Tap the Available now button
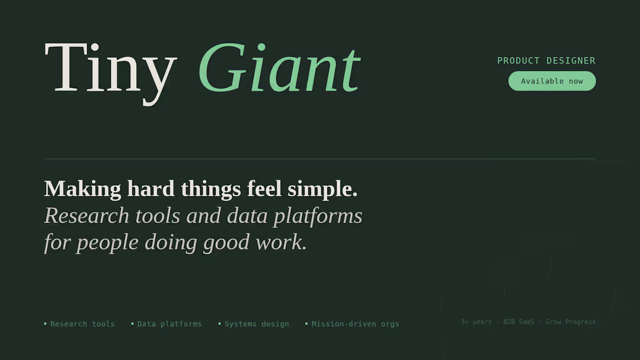[x=552, y=81]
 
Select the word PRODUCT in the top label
[x=518, y=61]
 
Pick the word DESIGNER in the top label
[x=571, y=61]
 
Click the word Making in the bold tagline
[x=83, y=189]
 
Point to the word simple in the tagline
[x=323, y=189]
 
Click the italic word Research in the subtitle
[x=87, y=215]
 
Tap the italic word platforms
[x=318, y=216]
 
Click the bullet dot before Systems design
[x=219, y=324]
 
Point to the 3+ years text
[x=476, y=322]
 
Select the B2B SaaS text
[x=518, y=322]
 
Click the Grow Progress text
[x=570, y=322]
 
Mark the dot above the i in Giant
[x=262, y=47]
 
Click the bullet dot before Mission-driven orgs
[x=306, y=324]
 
